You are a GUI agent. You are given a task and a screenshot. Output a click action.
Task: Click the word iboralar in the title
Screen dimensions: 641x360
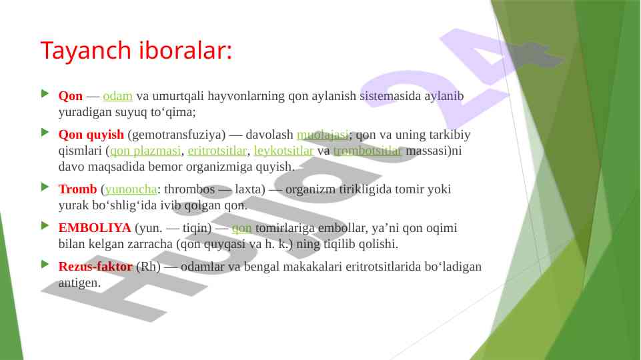185,50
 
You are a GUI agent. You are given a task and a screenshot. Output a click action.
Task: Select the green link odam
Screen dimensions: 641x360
118,96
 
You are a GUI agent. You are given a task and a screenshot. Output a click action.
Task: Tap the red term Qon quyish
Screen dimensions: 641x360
91,135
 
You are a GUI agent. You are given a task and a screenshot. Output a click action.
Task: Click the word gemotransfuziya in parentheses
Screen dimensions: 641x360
177,135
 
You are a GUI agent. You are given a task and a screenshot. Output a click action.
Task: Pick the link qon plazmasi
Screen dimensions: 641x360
145,151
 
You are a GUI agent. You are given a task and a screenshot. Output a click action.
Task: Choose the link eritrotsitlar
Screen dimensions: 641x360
217,151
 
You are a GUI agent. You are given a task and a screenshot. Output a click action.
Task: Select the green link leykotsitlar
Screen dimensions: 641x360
283,151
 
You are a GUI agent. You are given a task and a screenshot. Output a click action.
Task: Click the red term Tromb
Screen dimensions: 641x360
77,189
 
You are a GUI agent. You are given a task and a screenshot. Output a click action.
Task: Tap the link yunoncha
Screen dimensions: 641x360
131,189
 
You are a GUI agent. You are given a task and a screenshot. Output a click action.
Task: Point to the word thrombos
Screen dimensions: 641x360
189,189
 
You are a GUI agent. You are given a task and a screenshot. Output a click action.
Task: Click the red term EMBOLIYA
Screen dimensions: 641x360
95,228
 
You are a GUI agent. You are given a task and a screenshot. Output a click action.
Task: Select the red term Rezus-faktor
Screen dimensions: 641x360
95,267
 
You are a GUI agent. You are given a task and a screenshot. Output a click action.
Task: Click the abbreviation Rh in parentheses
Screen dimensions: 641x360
148,267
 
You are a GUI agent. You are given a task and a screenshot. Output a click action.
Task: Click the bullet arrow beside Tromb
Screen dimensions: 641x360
45,187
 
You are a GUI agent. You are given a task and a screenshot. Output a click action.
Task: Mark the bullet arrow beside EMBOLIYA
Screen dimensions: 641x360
45,226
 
